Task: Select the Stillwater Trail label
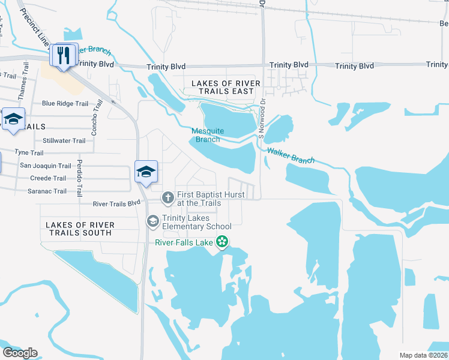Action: pyautogui.click(x=64, y=141)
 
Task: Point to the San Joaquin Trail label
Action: pyautogui.click(x=46, y=166)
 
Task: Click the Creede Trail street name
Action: pyautogui.click(x=48, y=178)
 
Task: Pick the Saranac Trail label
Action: pyautogui.click(x=48, y=191)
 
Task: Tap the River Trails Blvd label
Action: pyautogui.click(x=116, y=204)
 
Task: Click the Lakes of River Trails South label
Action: pyautogui.click(x=80, y=229)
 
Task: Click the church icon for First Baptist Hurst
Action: pyautogui.click(x=167, y=197)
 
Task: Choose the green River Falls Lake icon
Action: pyautogui.click(x=222, y=242)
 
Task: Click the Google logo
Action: pyautogui.click(x=20, y=353)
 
